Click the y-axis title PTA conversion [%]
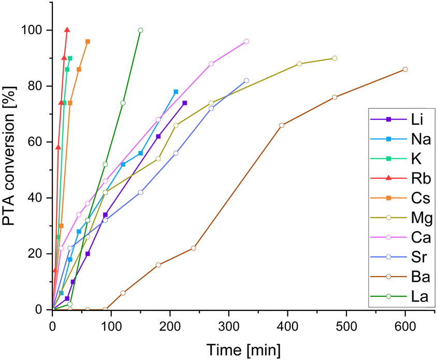click(x=10, y=155)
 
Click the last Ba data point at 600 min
click(x=405, y=69)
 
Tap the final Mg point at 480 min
click(x=334, y=58)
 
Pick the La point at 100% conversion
click(x=140, y=30)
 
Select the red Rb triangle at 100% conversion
click(x=67, y=30)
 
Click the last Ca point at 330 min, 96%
click(x=246, y=41)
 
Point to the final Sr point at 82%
click(x=246, y=80)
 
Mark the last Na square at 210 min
click(x=176, y=92)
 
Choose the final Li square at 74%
click(x=185, y=103)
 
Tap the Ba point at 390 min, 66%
click(x=282, y=125)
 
